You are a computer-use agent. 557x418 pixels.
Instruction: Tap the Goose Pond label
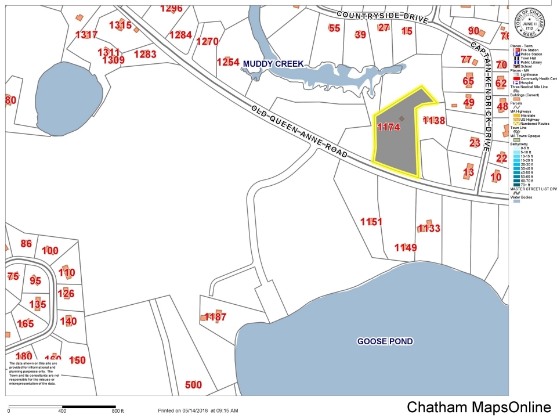click(x=385, y=341)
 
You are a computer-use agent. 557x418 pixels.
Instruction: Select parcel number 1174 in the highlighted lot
click(x=388, y=127)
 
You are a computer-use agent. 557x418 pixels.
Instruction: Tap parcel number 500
click(x=193, y=385)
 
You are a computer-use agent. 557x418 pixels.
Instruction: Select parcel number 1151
click(x=371, y=222)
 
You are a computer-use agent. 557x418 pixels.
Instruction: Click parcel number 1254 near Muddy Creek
click(x=227, y=62)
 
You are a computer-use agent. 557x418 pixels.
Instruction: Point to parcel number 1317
click(x=86, y=35)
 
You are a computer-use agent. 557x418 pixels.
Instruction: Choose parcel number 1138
click(x=433, y=121)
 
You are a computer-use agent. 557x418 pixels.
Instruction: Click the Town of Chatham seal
click(x=529, y=24)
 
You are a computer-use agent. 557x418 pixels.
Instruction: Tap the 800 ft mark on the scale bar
click(x=117, y=411)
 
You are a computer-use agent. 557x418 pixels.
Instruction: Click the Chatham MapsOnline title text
click(x=479, y=407)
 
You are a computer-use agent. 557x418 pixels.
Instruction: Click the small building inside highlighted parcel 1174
click(x=402, y=118)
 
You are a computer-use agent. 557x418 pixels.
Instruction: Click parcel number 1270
click(x=207, y=42)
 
